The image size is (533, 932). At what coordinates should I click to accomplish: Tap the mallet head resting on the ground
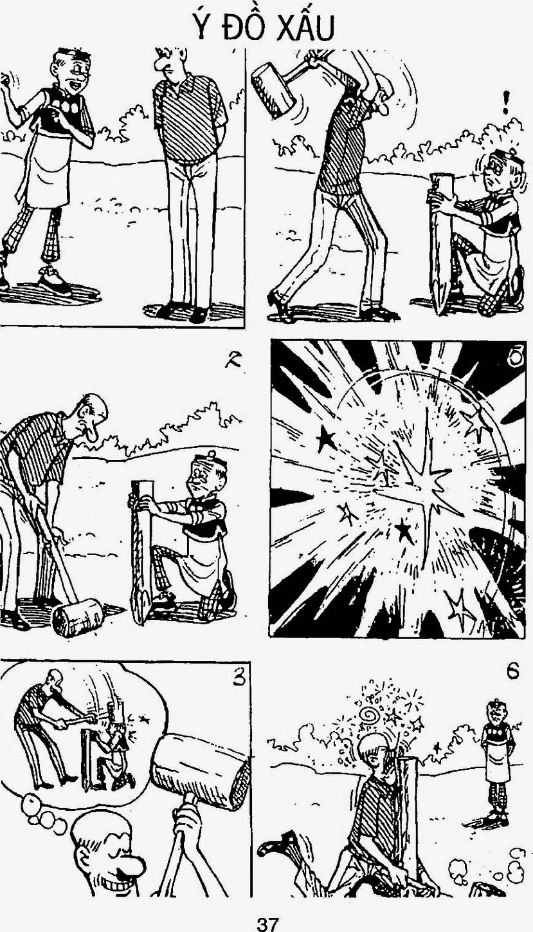coord(78,617)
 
